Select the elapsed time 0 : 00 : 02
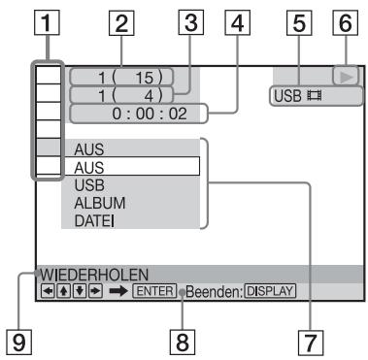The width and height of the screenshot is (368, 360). [135, 115]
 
